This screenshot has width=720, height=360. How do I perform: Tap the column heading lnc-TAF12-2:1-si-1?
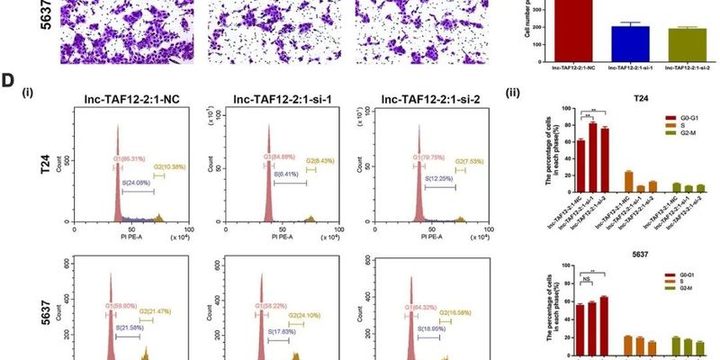point(272,97)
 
